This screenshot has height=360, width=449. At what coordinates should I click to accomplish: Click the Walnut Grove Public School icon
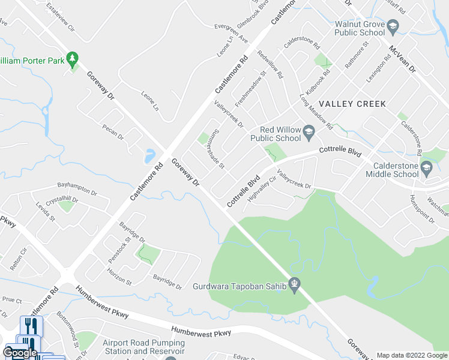click(393, 26)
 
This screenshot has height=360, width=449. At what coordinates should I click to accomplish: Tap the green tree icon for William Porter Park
click(73, 59)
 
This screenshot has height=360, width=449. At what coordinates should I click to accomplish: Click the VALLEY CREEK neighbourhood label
click(352, 104)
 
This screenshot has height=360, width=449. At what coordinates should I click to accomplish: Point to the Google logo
click(19, 353)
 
